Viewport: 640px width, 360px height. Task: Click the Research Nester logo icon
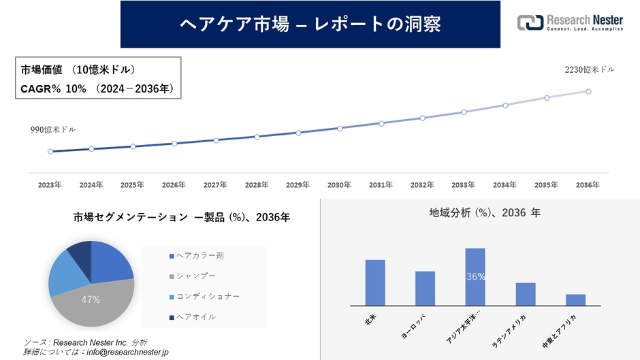pos(530,22)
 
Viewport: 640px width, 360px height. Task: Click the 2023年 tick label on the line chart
pos(50,184)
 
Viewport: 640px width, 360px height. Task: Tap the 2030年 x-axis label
pos(340,184)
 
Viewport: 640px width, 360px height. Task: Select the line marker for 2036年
pos(588,91)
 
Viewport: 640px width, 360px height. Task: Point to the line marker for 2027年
pos(216,140)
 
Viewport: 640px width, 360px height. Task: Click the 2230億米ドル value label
pos(590,69)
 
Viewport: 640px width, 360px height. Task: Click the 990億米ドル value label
pos(52,129)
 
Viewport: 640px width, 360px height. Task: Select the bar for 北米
pos(375,282)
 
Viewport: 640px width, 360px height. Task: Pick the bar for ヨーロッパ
pos(425,289)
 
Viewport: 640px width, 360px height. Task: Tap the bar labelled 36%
pos(475,277)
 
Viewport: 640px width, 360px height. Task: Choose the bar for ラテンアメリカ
pos(526,294)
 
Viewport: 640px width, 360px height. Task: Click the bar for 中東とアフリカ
pos(575,299)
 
